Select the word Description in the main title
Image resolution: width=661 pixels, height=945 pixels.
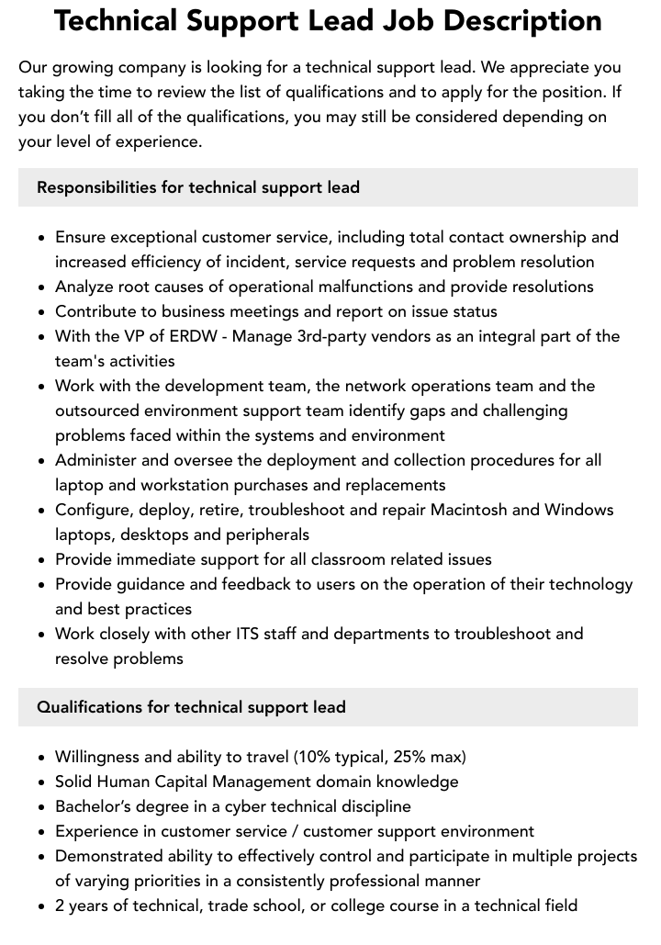click(523, 19)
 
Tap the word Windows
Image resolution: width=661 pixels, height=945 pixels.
click(579, 510)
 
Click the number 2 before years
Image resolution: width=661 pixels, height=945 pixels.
click(60, 906)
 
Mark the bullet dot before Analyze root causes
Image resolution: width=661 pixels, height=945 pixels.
click(42, 287)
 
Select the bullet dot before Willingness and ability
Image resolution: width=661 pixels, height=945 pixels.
click(42, 758)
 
